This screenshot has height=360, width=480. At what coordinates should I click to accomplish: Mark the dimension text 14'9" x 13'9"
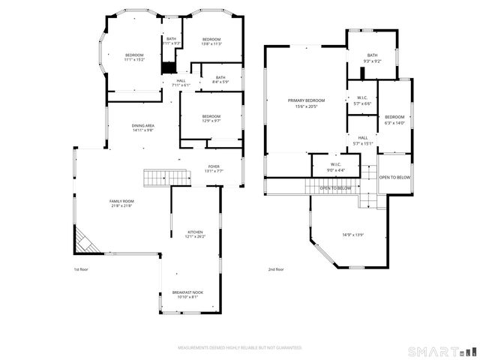pos(352,235)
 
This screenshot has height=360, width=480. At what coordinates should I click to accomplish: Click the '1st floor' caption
pos(81,269)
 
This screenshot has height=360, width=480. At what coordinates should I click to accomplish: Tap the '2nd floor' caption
pos(275,269)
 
